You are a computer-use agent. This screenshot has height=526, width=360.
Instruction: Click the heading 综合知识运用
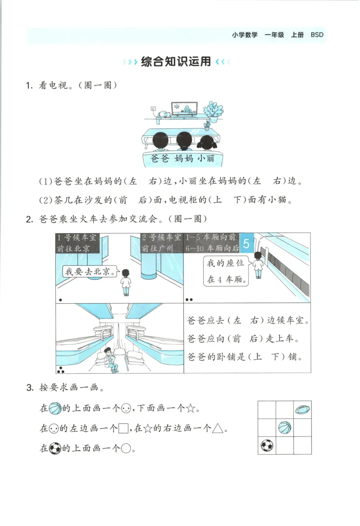[x=175, y=62]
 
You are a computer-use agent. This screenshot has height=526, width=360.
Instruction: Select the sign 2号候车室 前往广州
[x=161, y=243]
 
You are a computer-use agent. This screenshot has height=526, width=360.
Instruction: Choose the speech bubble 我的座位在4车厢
[x=226, y=271]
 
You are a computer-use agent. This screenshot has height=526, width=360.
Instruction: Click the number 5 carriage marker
[x=246, y=243]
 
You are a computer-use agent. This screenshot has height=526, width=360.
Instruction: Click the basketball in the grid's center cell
[x=284, y=427]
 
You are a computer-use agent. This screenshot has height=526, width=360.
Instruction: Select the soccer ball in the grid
[x=266, y=445]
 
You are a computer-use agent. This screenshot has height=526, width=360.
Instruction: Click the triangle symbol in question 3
[x=218, y=428]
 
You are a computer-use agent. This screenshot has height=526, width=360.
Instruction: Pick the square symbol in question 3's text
[x=123, y=429]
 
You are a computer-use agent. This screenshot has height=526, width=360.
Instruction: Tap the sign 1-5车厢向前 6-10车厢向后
[x=211, y=243]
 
